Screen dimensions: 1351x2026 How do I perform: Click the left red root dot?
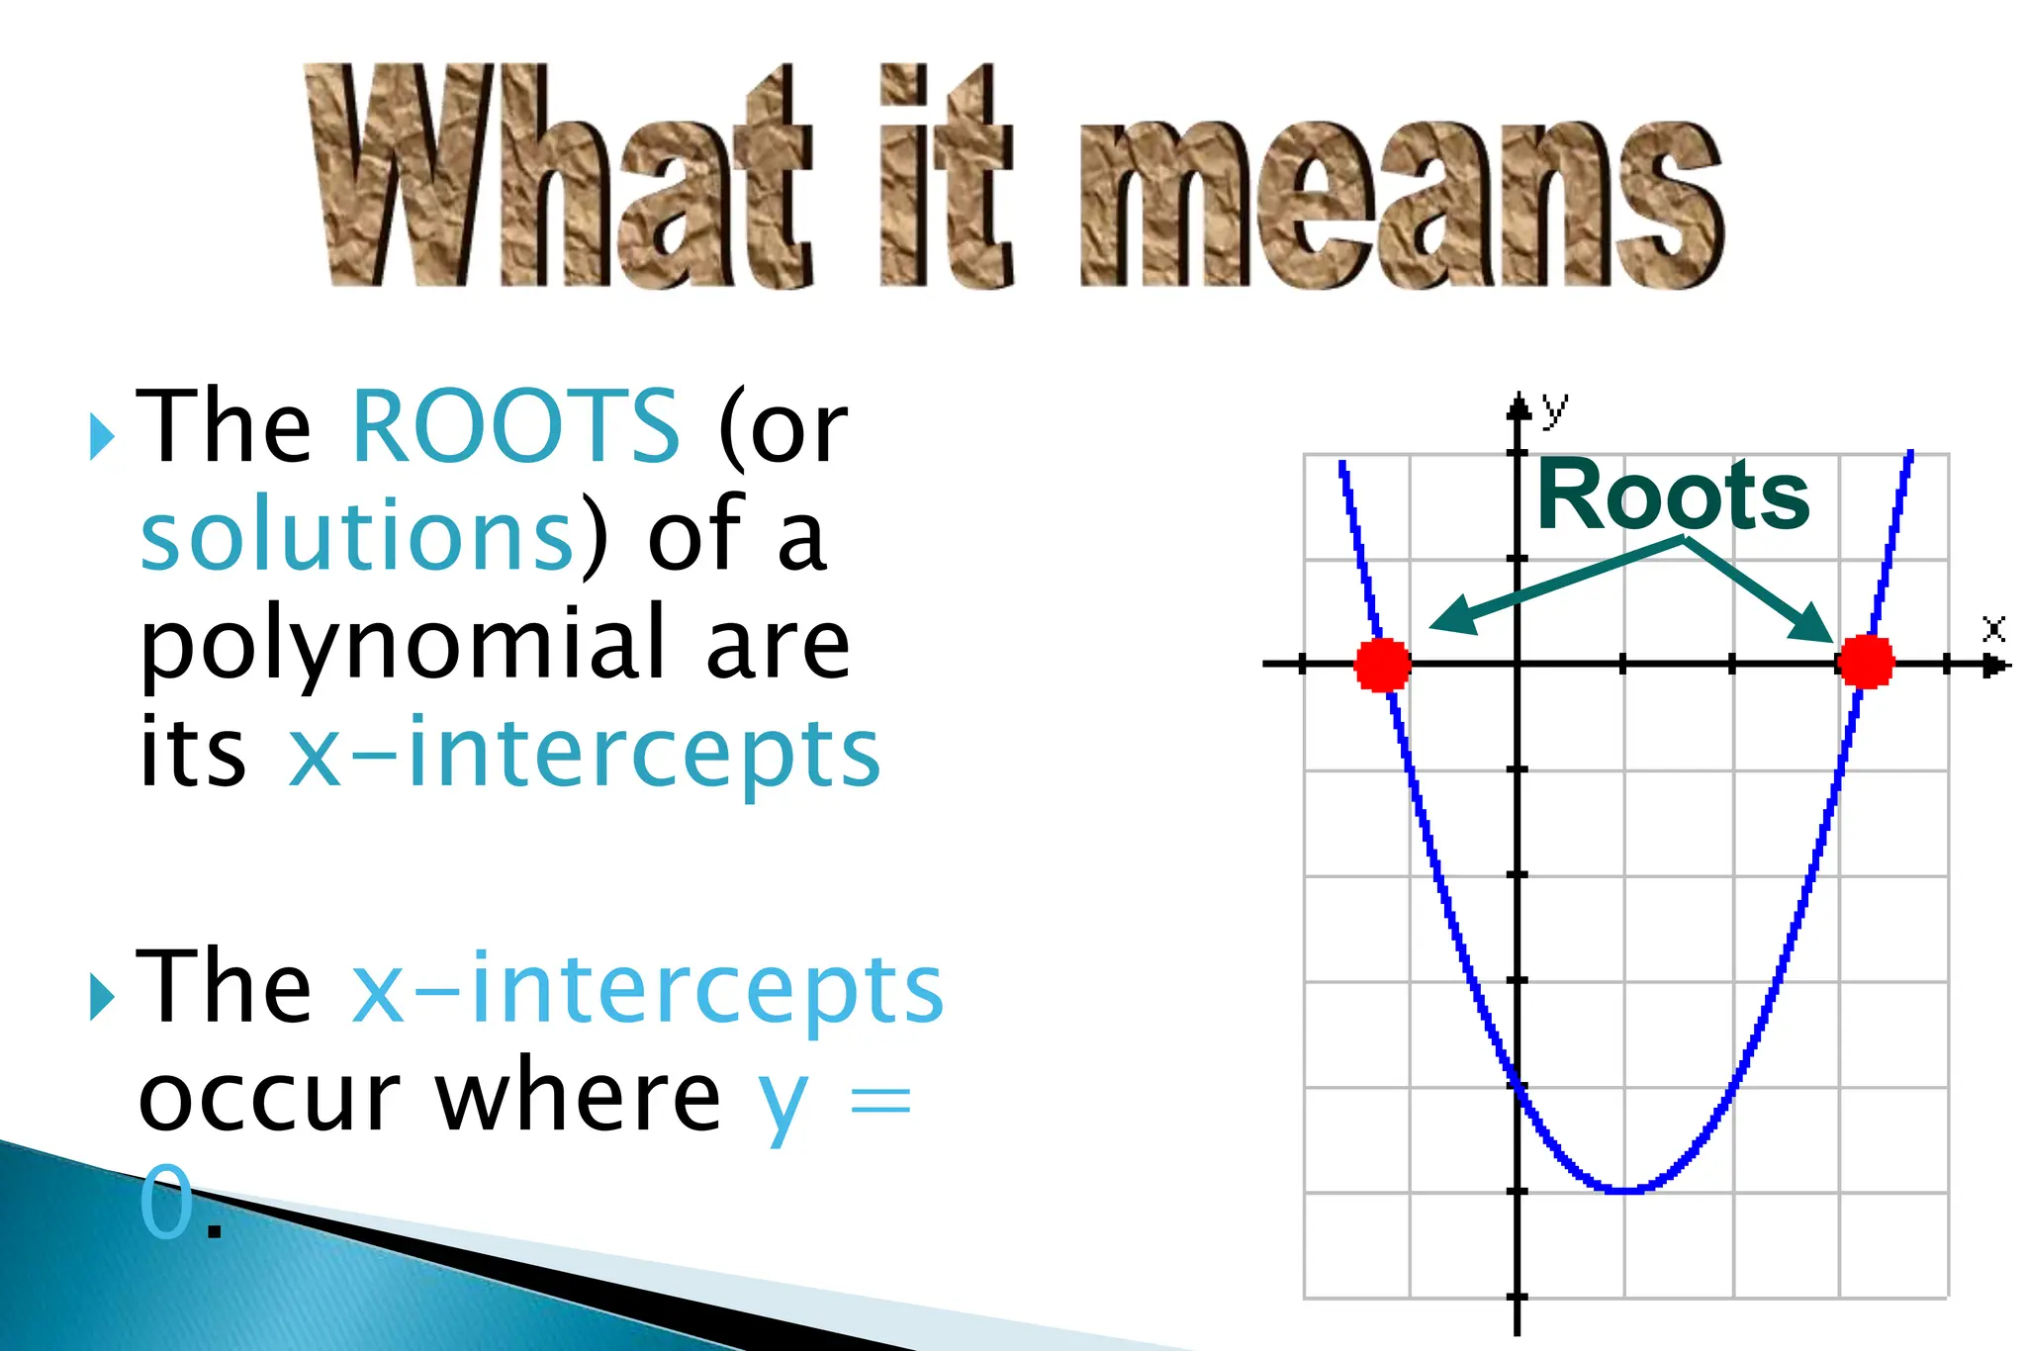(x=1382, y=665)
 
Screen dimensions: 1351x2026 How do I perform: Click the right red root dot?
(x=1865, y=662)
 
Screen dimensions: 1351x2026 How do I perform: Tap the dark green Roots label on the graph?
(x=1673, y=495)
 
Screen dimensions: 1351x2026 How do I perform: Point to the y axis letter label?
(x=1554, y=405)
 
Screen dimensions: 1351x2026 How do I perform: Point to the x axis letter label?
(x=1993, y=629)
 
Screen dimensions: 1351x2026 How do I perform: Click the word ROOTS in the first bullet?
(x=515, y=425)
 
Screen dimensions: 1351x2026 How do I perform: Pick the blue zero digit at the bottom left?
(x=166, y=1202)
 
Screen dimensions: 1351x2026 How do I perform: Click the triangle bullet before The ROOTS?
(x=101, y=436)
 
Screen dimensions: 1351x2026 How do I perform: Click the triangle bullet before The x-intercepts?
(x=101, y=996)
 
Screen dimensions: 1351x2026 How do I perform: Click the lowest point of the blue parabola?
(x=1625, y=1190)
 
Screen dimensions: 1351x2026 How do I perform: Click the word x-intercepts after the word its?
(x=584, y=754)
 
